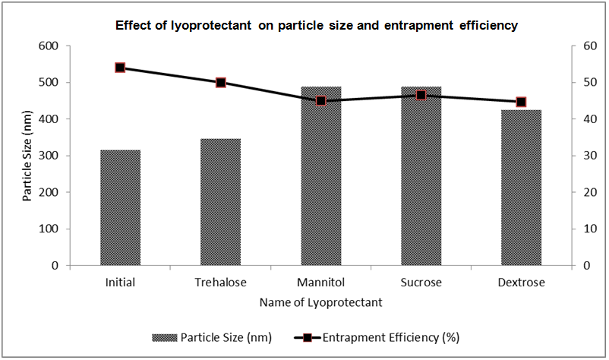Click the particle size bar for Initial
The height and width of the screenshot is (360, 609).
coord(120,207)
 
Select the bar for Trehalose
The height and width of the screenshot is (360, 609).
coord(220,202)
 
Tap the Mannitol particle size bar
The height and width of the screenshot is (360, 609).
coord(320,176)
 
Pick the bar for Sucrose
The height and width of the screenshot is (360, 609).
coord(421,176)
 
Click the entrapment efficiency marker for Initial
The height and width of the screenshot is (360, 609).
coord(120,68)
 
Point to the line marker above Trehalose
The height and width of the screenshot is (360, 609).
coord(220,82)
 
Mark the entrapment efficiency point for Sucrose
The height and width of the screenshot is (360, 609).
coord(421,95)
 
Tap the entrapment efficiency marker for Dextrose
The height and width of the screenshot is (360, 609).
coord(521,102)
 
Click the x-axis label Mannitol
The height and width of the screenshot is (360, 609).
coord(320,283)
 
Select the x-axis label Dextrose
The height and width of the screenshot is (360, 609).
coord(521,283)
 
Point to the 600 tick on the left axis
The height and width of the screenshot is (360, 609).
coord(49,46)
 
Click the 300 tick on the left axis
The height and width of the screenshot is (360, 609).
coord(49,156)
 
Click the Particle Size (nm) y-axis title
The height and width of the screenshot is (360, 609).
coord(28,156)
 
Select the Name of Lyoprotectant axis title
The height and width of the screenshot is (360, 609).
coord(320,302)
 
